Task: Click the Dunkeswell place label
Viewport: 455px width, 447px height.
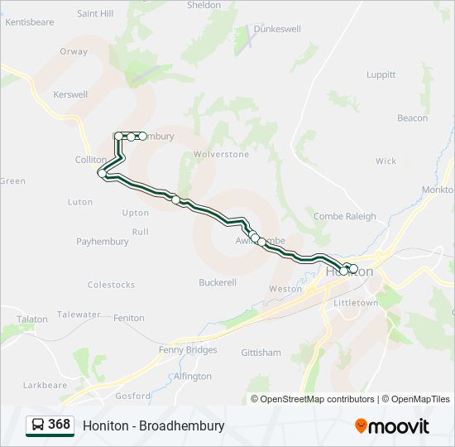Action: (x=276, y=28)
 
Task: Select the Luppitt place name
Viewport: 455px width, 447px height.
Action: (x=381, y=74)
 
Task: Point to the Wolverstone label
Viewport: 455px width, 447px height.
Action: (x=221, y=155)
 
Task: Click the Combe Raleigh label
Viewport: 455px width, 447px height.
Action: (x=344, y=217)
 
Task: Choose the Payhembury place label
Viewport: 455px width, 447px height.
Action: (x=103, y=242)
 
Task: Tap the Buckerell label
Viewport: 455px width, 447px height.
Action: (x=218, y=282)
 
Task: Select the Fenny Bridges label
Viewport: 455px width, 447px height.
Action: (x=188, y=350)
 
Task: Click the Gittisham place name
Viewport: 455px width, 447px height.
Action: (x=261, y=353)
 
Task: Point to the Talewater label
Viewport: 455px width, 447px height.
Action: (x=79, y=315)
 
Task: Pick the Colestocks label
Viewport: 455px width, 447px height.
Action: (x=111, y=285)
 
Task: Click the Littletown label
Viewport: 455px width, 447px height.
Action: (x=356, y=304)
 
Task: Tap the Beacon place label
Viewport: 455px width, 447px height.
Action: (x=413, y=118)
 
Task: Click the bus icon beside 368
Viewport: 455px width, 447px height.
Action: (x=38, y=425)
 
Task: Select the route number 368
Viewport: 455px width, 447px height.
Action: (x=59, y=425)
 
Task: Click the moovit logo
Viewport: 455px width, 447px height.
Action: (x=392, y=425)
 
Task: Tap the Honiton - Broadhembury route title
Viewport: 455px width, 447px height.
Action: (x=153, y=425)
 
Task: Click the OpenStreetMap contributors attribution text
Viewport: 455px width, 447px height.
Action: (x=318, y=399)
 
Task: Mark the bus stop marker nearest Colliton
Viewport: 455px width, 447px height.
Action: (x=103, y=173)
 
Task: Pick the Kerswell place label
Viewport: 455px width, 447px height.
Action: (x=70, y=94)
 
